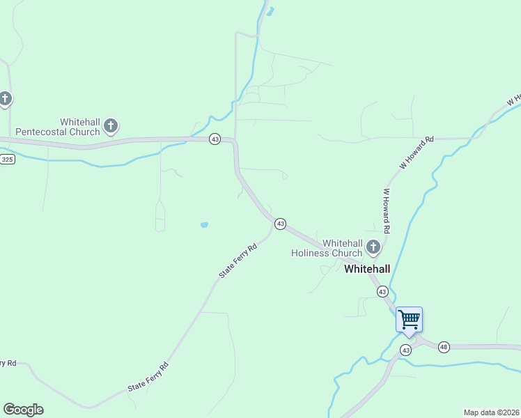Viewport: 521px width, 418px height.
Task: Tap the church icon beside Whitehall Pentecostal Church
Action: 110,126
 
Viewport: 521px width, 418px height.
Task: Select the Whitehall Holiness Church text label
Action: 326,248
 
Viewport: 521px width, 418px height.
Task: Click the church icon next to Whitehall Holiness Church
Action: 373,247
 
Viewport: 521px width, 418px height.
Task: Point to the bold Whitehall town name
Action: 367,268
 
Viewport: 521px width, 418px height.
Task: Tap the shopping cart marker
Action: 410,320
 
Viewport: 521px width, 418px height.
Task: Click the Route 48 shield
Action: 444,347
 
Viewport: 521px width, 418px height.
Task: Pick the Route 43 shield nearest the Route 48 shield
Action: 406,349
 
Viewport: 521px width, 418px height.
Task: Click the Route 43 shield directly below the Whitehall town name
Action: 382,291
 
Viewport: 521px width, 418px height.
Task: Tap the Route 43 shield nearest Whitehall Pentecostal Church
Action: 215,139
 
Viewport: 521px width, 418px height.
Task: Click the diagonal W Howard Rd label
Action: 417,153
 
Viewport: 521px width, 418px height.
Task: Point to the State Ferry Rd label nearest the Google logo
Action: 148,377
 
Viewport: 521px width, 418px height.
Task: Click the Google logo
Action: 23,410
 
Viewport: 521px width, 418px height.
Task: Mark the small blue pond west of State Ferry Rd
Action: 204,225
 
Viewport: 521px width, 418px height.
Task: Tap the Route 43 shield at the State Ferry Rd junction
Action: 280,224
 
